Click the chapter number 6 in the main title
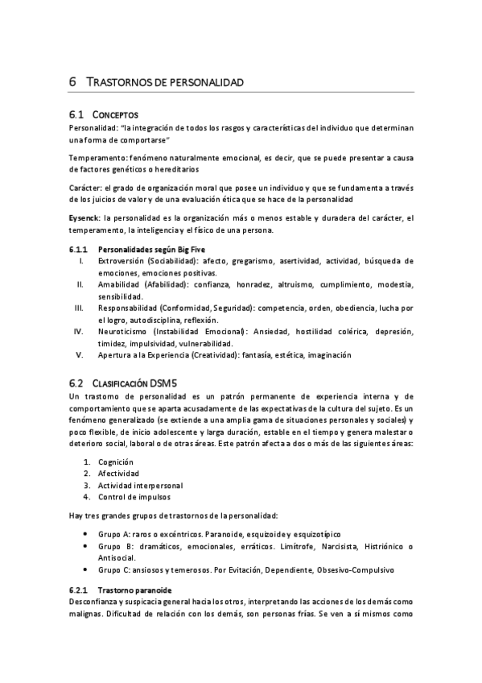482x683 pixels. pyautogui.click(x=72, y=82)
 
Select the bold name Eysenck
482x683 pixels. pyautogui.click(x=84, y=218)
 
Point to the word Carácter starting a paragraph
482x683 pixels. pyautogui.click(x=85, y=188)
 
